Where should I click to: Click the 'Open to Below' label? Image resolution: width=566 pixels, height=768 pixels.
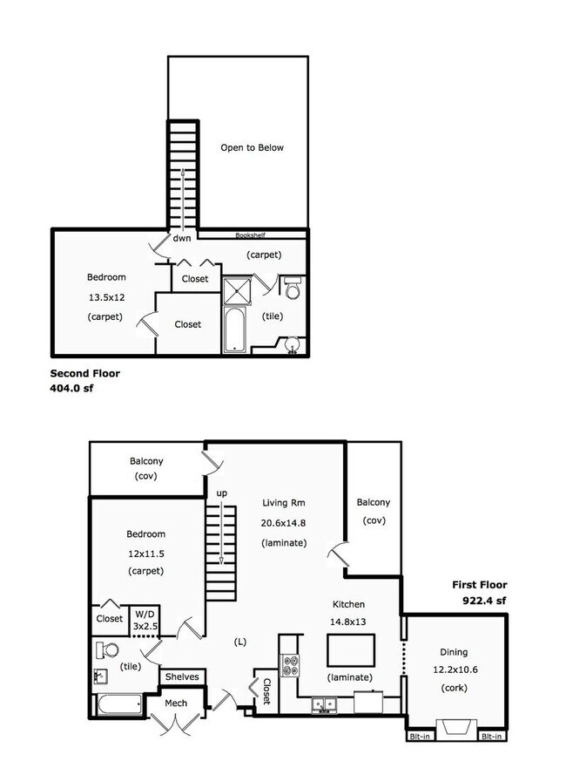pos(252,147)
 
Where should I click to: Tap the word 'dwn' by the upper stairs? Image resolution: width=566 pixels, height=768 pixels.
pos(181,238)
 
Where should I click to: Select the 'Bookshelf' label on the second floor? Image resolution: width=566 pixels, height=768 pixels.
pos(253,235)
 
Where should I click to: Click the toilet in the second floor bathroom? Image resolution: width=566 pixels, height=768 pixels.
pos(293,288)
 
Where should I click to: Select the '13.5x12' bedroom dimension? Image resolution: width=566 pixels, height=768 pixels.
pos(105,297)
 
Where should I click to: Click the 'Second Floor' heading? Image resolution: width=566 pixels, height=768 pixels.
pos(84,373)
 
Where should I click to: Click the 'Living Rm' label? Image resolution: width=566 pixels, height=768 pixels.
pos(284,503)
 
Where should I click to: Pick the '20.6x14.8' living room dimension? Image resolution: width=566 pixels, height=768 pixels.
pos(284,523)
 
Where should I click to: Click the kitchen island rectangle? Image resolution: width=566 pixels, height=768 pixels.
pos(351,649)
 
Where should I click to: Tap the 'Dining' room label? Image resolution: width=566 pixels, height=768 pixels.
pos(454,652)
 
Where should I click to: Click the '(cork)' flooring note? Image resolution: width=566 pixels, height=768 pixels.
pos(454,689)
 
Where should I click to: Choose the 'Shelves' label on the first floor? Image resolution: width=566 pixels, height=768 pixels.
pos(182,676)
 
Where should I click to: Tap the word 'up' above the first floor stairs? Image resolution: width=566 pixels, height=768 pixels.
pos(222,493)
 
